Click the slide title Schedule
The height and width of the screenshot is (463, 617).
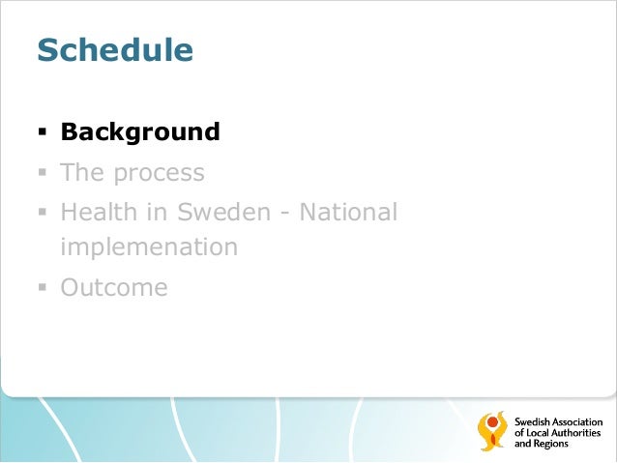115,50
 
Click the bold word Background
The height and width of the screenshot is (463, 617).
140,131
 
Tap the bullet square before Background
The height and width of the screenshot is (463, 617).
43,132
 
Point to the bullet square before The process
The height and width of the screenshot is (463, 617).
43,174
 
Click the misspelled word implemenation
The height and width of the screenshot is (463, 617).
149,247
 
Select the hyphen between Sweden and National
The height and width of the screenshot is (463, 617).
285,213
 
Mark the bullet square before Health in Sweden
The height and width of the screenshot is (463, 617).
43,212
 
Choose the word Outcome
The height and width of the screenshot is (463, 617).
113,288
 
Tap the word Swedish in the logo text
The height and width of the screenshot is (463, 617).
531,422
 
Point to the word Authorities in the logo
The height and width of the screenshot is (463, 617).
577,433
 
